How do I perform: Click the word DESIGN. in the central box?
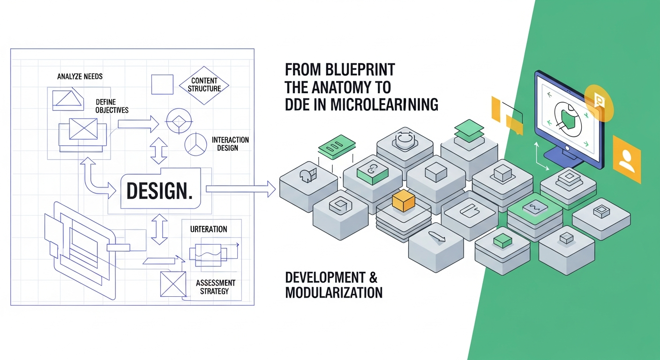tap(159, 191)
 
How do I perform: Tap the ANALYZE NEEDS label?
tap(80, 76)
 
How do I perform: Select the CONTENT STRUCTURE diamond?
tap(204, 85)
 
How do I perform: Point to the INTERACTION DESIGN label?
tap(230, 144)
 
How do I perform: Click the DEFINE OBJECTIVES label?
tap(112, 106)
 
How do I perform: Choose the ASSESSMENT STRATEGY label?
tap(215, 287)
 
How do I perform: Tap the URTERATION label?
tap(209, 229)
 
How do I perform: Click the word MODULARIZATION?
tap(334, 292)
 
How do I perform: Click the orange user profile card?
tap(627, 159)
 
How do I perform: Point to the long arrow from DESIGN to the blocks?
tap(241, 189)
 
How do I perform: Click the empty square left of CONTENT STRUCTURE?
tap(162, 84)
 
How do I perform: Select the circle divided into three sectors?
tap(195, 144)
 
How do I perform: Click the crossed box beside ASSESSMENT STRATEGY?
tap(173, 284)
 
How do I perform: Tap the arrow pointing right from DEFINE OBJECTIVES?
tap(138, 124)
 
